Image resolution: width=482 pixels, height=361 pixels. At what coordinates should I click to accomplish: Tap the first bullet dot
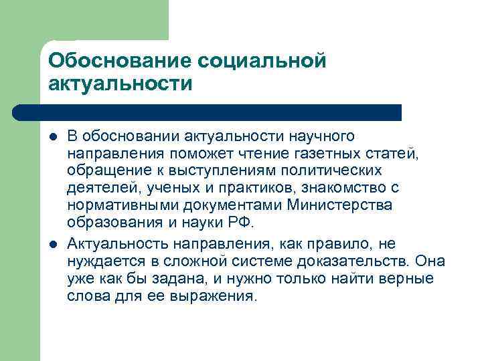(x=52, y=137)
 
